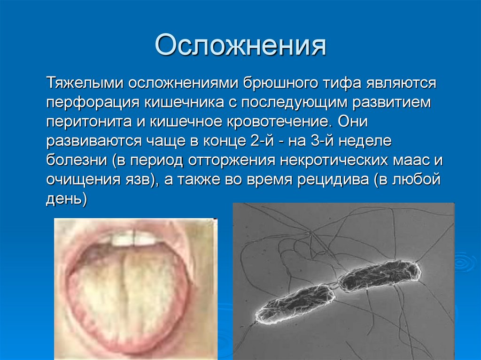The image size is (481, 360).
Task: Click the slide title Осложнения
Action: [240, 45]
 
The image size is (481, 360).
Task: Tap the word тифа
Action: [342, 83]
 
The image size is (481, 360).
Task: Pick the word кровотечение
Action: [279, 122]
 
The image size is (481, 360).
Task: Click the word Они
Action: [353, 122]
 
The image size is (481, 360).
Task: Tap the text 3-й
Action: [322, 141]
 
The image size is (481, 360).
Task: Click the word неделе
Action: [365, 141]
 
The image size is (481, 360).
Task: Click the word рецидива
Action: [333, 180]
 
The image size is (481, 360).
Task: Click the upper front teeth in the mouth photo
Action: [134, 238]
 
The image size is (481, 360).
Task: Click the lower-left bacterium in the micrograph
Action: [295, 303]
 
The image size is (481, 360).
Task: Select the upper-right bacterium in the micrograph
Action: [379, 276]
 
